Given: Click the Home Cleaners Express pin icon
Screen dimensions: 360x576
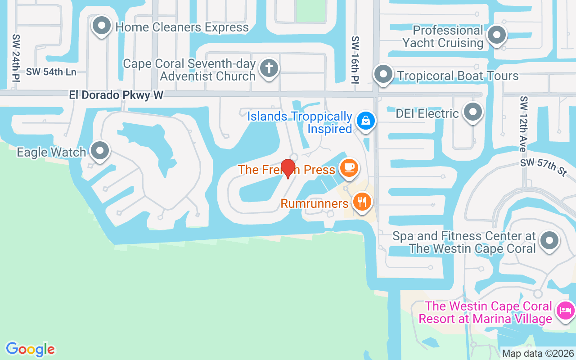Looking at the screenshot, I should pos(102,26).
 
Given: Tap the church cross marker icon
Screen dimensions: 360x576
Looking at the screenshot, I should pos(269,68).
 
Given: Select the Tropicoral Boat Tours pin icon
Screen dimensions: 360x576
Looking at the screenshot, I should pos(383,74).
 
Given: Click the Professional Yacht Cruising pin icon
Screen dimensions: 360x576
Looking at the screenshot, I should pos(497,35).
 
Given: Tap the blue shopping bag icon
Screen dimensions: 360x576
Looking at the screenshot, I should pos(366,121).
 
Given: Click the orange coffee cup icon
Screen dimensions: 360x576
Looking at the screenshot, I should pos(349,167).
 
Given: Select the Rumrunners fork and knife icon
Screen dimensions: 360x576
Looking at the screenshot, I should pos(362,201).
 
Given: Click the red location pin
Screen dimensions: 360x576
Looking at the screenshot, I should pos(288,169).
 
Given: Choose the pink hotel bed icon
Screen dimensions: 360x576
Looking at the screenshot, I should pos(565,310).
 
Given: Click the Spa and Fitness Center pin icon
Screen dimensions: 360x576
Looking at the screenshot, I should pos(549,240).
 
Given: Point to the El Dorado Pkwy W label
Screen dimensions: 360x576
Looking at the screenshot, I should pos(116,95).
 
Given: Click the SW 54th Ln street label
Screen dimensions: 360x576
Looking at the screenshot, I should pos(51,72).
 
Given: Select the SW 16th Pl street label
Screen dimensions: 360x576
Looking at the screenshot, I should pos(355,59).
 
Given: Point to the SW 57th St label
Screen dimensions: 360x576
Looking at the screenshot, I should pos(544,167).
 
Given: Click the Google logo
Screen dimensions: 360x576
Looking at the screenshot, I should pos(30,349).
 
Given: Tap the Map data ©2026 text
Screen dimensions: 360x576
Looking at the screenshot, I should pos(538,353).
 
